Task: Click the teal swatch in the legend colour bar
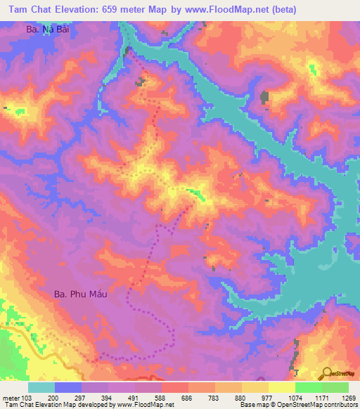pos(41,387)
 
